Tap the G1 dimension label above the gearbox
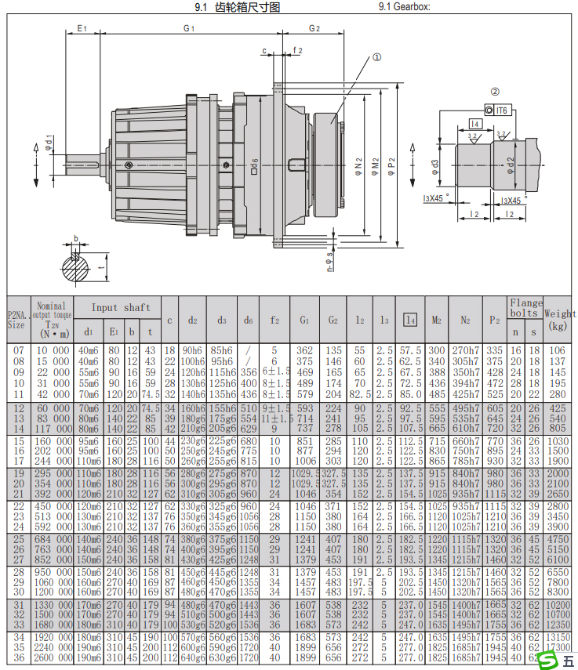(188, 28)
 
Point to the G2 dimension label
(314, 28)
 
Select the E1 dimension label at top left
(82, 28)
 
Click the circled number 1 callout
(376, 57)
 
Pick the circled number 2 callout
(495, 92)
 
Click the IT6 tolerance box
(503, 110)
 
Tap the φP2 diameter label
(392, 167)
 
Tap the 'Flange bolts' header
(525, 307)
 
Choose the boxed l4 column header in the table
(410, 320)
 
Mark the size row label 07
(16, 350)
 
